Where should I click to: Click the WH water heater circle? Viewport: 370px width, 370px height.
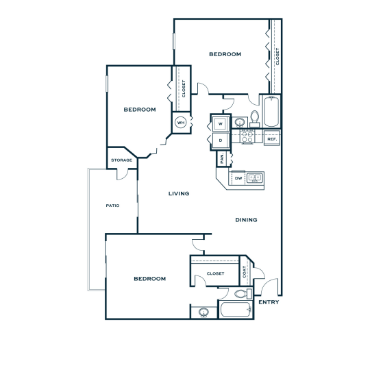click(181, 123)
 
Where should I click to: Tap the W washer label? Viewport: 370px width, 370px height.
click(221, 124)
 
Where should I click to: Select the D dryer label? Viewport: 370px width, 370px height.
click(221, 140)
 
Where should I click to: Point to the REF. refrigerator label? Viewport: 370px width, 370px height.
click(271, 139)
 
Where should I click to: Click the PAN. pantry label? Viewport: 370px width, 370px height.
click(222, 158)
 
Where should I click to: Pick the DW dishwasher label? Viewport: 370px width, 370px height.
click(238, 178)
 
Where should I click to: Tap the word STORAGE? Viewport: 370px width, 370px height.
click(121, 160)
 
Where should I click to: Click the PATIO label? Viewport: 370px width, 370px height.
click(113, 204)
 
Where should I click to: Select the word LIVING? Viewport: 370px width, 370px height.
click(179, 193)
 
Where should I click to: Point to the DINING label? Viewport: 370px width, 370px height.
click(246, 220)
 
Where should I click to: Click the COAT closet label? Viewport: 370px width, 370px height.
click(245, 273)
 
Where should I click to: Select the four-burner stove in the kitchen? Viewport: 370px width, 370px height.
click(247, 138)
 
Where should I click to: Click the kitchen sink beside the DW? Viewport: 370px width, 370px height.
click(255, 178)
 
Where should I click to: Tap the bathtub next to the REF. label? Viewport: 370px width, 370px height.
click(271, 112)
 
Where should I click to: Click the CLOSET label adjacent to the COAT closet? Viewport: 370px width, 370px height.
click(215, 273)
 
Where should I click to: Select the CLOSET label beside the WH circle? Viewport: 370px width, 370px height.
click(184, 88)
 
